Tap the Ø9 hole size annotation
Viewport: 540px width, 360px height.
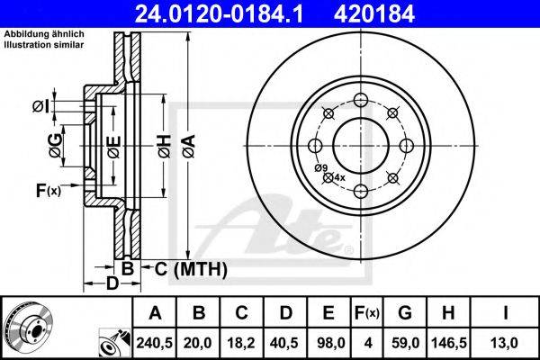[x=320, y=167]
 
